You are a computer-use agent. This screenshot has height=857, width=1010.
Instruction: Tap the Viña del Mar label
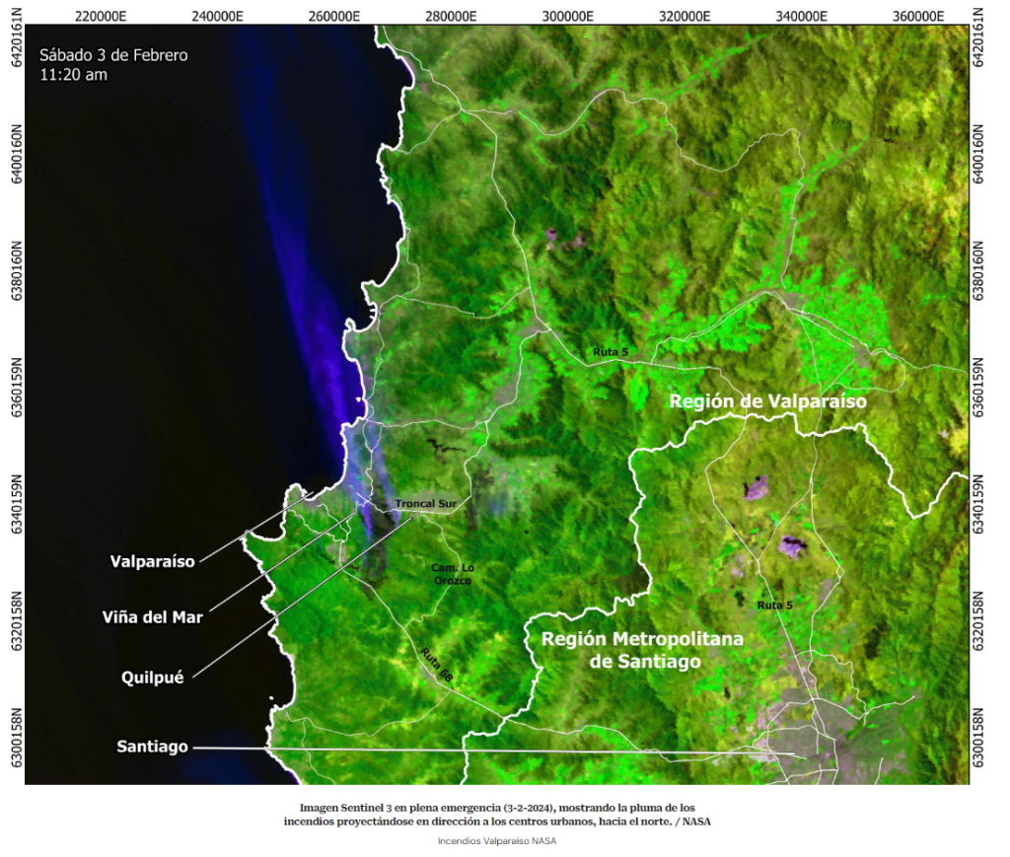point(153,617)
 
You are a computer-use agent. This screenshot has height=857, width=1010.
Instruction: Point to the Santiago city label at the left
point(152,747)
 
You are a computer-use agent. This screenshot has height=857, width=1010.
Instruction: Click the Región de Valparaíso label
point(767,401)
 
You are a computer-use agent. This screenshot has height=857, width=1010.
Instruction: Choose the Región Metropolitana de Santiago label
point(642,650)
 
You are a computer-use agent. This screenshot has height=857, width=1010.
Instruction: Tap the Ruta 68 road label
point(435,667)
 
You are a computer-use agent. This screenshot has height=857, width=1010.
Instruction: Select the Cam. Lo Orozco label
point(453,574)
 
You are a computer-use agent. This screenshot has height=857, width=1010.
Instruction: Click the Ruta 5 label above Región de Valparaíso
point(610,351)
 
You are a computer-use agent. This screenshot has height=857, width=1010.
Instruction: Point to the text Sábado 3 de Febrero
point(113,55)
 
